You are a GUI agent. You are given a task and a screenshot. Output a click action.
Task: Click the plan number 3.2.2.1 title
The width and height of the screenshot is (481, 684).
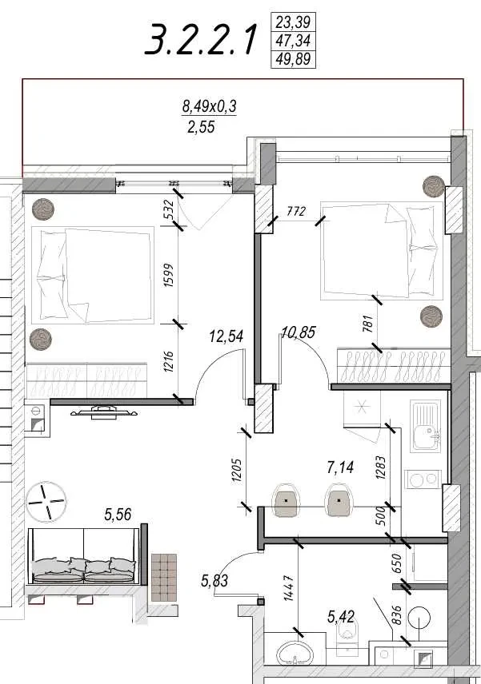[200, 40]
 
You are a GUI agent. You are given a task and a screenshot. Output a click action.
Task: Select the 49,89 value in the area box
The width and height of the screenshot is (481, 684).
[293, 58]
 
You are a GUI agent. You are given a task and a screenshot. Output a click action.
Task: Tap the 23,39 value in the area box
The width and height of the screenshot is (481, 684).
[293, 22]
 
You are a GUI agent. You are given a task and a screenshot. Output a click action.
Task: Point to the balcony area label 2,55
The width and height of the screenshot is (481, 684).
[201, 127]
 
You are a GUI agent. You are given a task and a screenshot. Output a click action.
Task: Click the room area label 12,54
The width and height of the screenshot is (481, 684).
[226, 336]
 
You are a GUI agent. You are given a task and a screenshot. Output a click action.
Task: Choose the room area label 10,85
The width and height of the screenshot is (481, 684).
[299, 332]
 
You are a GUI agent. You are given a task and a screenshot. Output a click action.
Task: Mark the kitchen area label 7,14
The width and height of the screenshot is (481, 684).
[340, 467]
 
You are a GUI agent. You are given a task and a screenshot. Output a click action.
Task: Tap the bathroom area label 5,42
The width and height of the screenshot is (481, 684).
[341, 616]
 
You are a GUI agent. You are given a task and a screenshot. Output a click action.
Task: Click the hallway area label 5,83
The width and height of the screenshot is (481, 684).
[214, 581]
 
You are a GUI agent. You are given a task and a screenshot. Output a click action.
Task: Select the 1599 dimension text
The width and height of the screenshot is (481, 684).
[169, 275]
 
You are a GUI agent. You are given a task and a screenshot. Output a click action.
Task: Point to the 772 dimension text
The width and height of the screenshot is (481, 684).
[296, 212]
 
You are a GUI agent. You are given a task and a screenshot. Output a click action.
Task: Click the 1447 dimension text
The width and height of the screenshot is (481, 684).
[289, 588]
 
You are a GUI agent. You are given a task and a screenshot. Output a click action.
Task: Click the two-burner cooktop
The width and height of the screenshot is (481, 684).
[423, 479]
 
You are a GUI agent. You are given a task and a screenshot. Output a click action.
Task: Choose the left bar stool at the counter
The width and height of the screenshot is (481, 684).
[287, 500]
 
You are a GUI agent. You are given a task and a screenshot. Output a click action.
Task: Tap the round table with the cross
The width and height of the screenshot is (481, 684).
[46, 501]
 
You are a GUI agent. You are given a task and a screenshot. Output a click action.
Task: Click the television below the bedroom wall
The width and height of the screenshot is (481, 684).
[104, 412]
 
